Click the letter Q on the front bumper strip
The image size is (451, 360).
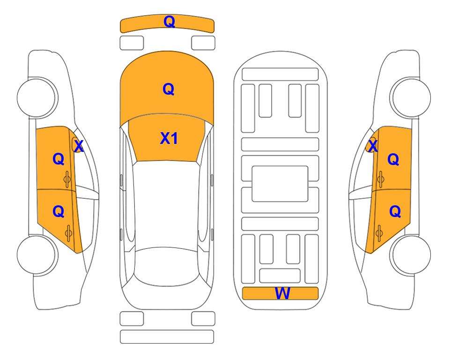(x=169, y=22)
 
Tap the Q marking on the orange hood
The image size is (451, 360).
(x=168, y=89)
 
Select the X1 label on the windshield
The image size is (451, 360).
(x=169, y=138)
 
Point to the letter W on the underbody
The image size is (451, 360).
(x=282, y=293)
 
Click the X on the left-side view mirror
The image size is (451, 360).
(x=79, y=146)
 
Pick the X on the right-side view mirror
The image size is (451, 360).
(x=373, y=146)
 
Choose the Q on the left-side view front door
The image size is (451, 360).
(x=59, y=159)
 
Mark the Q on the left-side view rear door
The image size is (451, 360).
(x=59, y=212)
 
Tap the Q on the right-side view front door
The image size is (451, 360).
(x=393, y=159)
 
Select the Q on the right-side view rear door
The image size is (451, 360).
(x=395, y=212)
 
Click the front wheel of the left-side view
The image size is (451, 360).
(x=37, y=97)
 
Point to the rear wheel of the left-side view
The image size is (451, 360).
(x=37, y=255)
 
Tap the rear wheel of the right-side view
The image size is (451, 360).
(x=411, y=255)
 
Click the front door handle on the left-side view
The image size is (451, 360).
(x=67, y=179)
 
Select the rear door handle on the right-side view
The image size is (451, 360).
(x=379, y=233)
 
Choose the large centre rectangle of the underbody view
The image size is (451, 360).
(x=280, y=184)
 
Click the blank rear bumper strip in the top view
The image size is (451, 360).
(x=167, y=337)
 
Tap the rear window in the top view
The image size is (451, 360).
(x=167, y=266)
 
